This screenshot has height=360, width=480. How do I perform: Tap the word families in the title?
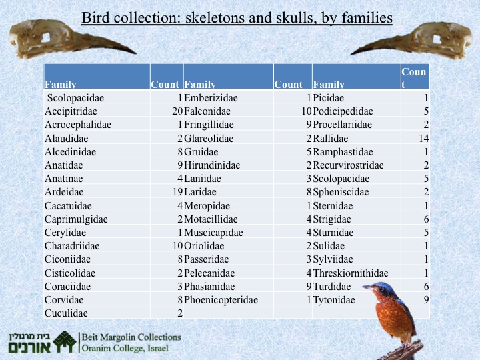pyautogui.click(x=367, y=17)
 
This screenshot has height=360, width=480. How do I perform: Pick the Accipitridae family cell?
pyautogui.click(x=71, y=111)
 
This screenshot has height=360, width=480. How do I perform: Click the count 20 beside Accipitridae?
pyautogui.click(x=177, y=111)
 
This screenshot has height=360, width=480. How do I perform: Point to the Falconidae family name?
pyautogui.click(x=207, y=111)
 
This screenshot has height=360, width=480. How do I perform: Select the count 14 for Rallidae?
pyautogui.click(x=424, y=139)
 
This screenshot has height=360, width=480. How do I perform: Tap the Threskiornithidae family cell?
pyautogui.click(x=351, y=273)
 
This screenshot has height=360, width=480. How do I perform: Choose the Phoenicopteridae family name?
pyautogui.click(x=221, y=300)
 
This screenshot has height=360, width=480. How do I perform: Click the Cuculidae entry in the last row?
pyautogui.click(x=66, y=313)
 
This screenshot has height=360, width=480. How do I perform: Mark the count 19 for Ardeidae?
pyautogui.click(x=177, y=192)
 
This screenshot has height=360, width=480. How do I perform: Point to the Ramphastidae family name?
pyautogui.click(x=343, y=152)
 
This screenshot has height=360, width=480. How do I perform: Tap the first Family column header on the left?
pyautogui.click(x=60, y=84)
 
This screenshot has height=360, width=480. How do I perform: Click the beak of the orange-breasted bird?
pyautogui.click(x=367, y=287)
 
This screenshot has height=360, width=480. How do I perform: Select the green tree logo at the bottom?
pyautogui.click(x=65, y=341)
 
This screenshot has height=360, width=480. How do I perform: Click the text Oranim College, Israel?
pyautogui.click(x=125, y=349)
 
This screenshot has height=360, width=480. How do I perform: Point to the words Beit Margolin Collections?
pyautogui.click(x=131, y=337)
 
